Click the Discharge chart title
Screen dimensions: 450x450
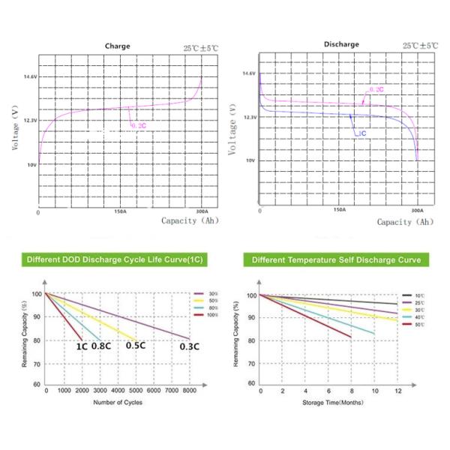(x=341, y=44)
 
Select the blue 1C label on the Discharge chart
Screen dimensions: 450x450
(x=361, y=133)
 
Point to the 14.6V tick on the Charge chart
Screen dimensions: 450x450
(x=29, y=77)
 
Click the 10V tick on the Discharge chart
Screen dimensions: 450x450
(x=250, y=160)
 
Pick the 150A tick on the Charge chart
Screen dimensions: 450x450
(x=119, y=212)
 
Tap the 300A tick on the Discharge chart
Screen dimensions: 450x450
(x=418, y=211)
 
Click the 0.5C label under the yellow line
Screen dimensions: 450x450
(x=136, y=346)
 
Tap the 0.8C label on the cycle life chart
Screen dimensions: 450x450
(x=101, y=346)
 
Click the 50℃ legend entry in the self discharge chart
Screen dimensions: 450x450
(x=418, y=325)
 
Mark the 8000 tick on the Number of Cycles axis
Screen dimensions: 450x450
(x=189, y=391)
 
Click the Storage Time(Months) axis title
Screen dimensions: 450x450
(x=332, y=403)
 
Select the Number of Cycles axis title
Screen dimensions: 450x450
(x=117, y=403)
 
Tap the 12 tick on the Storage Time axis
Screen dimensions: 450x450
(x=398, y=391)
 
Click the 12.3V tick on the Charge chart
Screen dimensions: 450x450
(x=29, y=120)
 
